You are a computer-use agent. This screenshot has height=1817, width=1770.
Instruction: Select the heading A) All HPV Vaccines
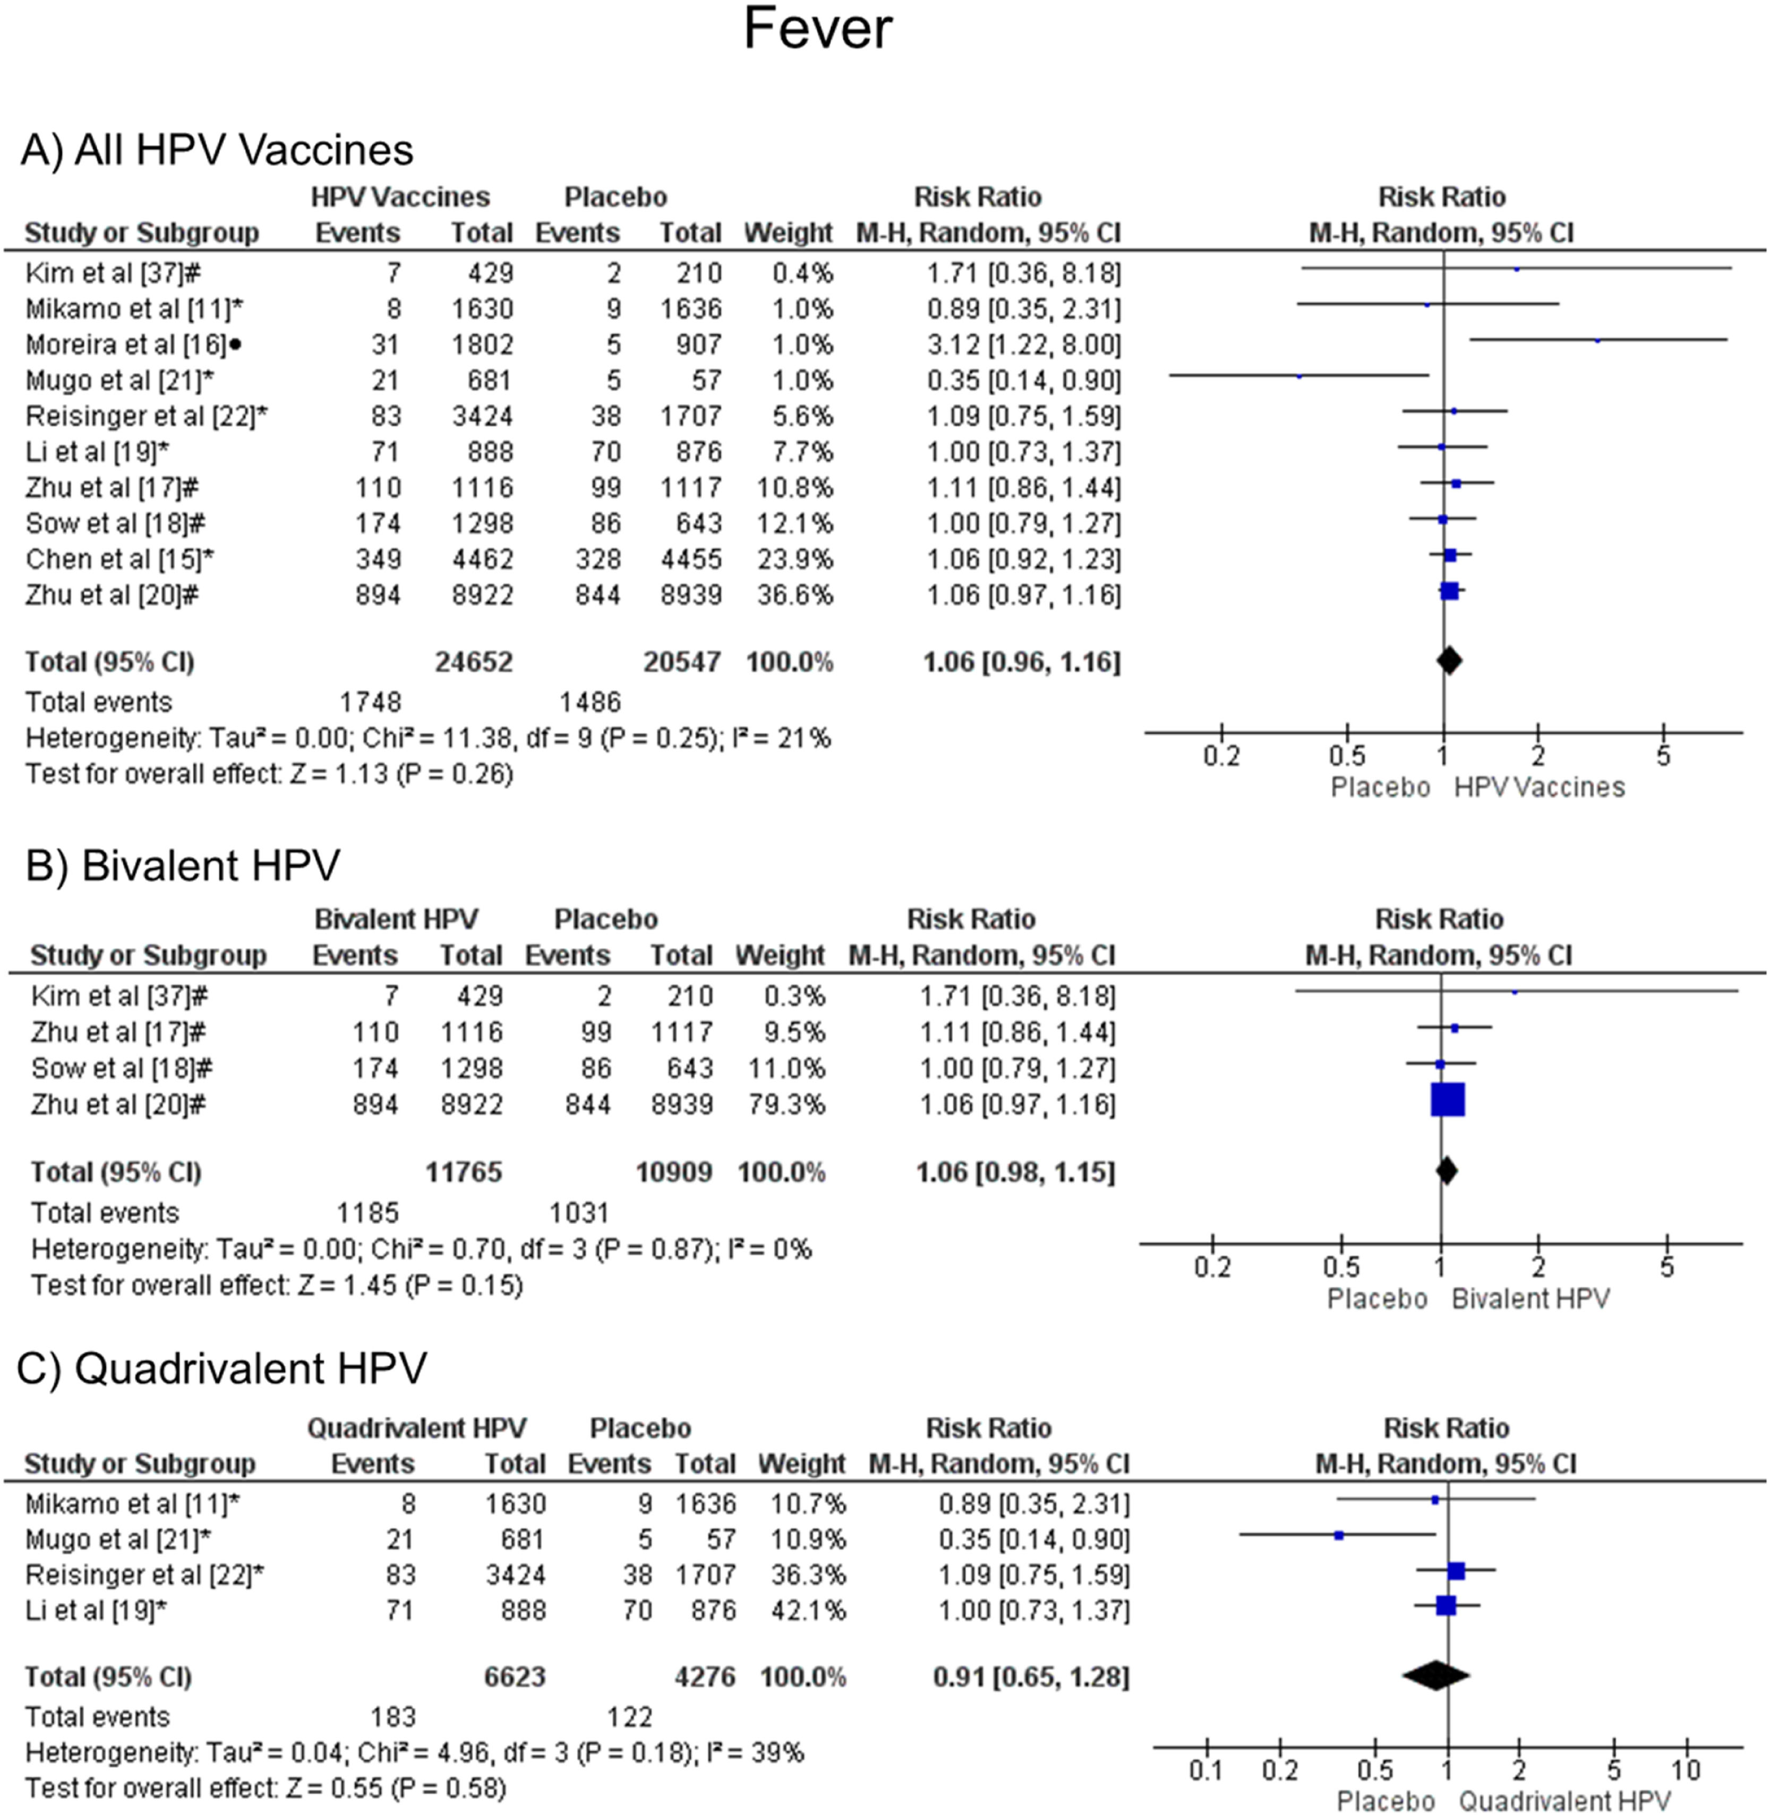pyautogui.click(x=217, y=150)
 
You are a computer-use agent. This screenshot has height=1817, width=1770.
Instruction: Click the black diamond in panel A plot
pyautogui.click(x=1448, y=661)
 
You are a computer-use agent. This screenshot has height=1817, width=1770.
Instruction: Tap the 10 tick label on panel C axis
pyautogui.click(x=1686, y=1770)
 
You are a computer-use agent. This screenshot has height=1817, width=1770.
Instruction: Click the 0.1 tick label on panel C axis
pyautogui.click(x=1205, y=1770)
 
